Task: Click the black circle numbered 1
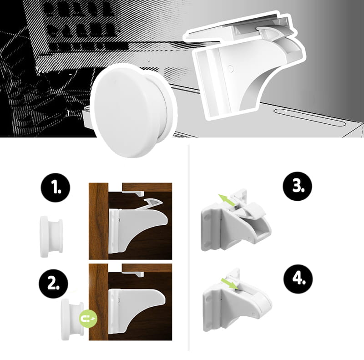(x=55, y=188)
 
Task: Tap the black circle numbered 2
(x=53, y=284)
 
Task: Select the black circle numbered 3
(x=298, y=186)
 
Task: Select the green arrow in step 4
(x=230, y=284)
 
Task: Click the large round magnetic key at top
(x=133, y=110)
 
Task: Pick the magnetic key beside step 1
(x=51, y=237)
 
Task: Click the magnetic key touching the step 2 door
(x=73, y=319)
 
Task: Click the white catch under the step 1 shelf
(x=133, y=193)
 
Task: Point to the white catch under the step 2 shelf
(x=133, y=274)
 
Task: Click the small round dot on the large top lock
(x=231, y=68)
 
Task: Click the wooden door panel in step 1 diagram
(x=99, y=221)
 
